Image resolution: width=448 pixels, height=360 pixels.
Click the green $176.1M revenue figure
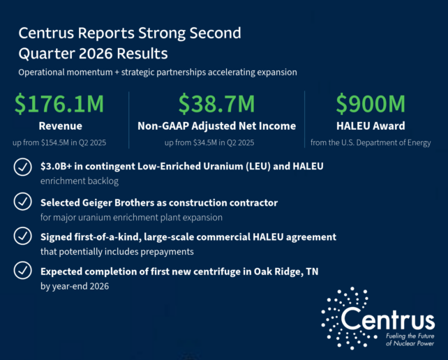tap(59, 104)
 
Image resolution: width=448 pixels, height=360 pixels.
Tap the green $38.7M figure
tap(216, 104)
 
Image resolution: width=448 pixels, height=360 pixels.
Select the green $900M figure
tap(371, 104)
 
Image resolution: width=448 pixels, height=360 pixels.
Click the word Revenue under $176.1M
tap(60, 126)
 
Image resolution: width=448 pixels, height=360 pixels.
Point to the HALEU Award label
tap(371, 126)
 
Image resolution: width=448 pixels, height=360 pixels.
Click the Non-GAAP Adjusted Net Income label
tap(216, 126)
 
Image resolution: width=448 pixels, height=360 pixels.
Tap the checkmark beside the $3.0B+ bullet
tap(22, 167)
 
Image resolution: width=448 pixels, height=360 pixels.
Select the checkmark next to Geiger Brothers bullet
tap(22, 202)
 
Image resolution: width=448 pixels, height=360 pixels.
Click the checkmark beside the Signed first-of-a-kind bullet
tap(22, 236)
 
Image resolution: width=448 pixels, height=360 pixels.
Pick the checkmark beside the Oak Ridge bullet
tap(22, 270)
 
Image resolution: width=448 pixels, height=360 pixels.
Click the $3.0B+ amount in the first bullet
tap(56, 166)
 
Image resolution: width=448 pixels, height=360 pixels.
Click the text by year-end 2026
tap(75, 286)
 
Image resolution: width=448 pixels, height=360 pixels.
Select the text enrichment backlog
tap(80, 181)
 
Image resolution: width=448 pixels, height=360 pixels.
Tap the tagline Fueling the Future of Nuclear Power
tap(410, 340)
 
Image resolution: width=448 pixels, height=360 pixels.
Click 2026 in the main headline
tap(95, 54)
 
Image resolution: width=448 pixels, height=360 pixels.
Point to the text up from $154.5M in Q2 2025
tap(59, 142)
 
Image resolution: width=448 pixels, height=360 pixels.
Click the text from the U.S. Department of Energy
tap(371, 142)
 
